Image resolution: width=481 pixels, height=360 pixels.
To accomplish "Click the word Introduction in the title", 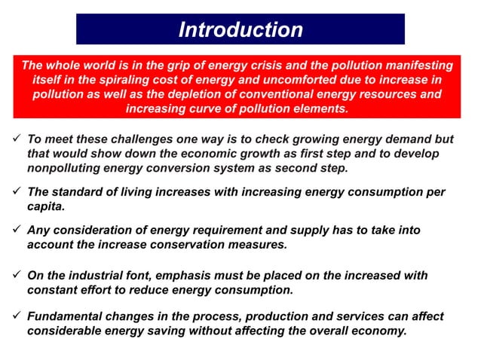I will (240, 30).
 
